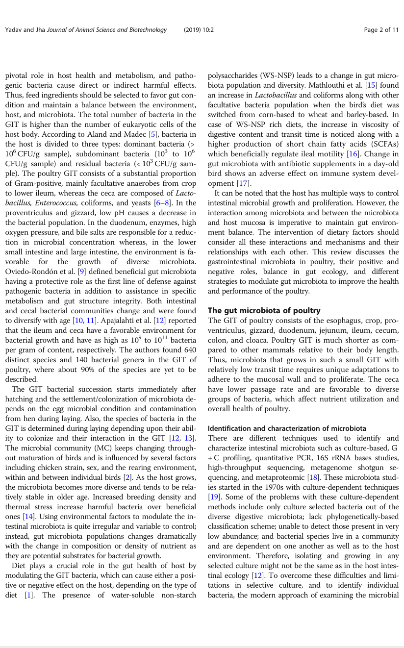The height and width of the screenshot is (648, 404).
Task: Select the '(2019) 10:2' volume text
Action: click(199, 30)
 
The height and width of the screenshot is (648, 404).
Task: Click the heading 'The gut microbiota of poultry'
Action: click(264, 310)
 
